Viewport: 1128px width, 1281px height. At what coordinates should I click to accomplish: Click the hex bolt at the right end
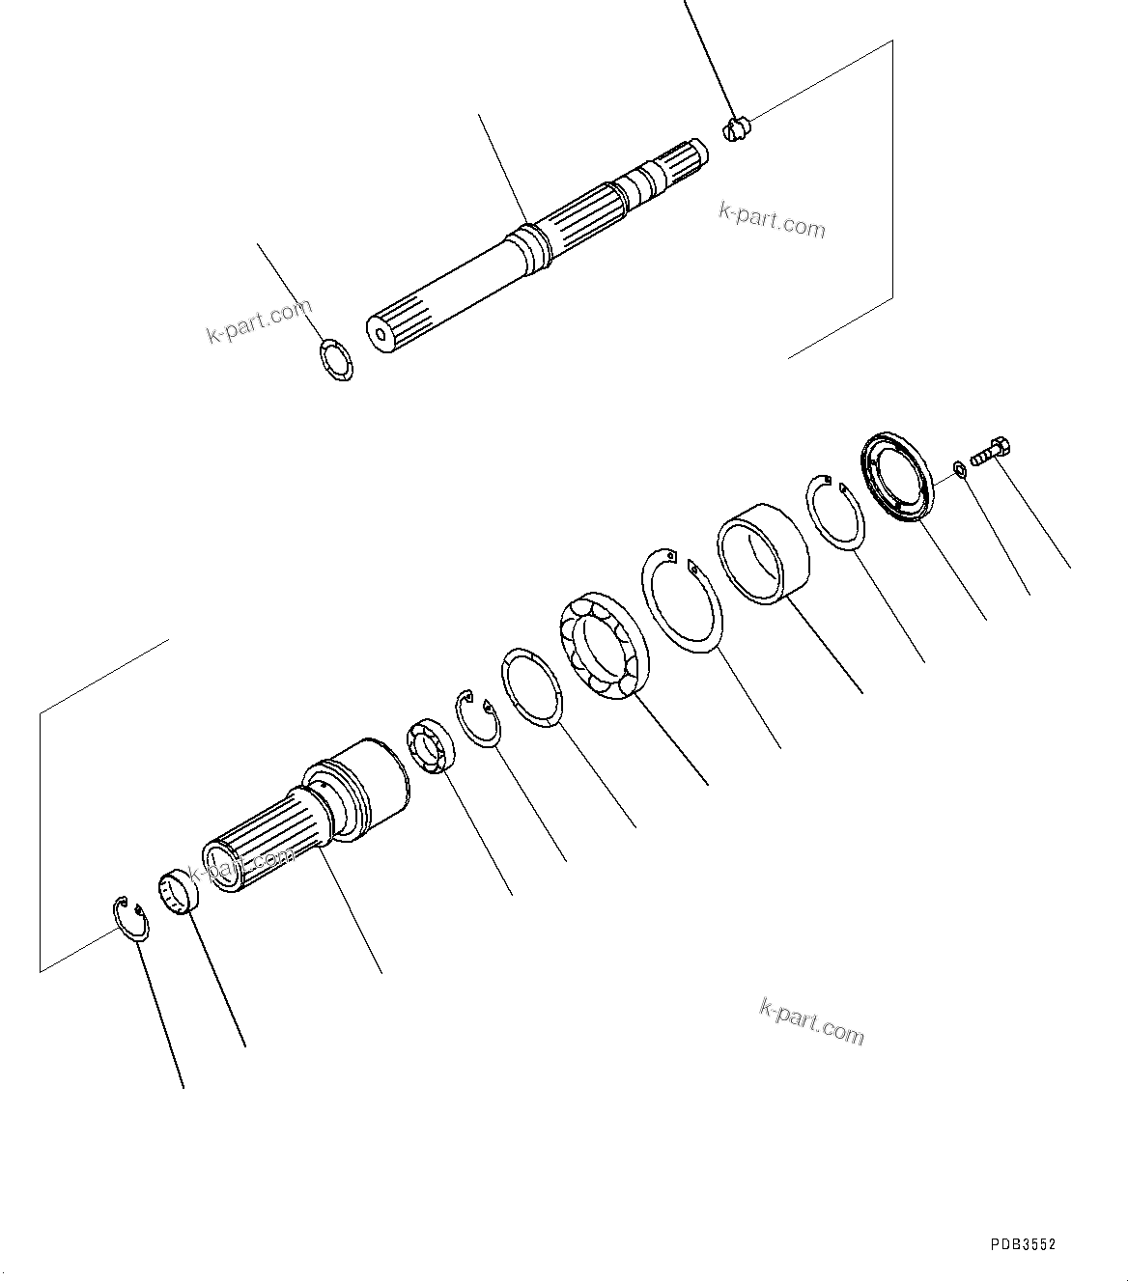991,452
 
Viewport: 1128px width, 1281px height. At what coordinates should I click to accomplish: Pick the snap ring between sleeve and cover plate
835,514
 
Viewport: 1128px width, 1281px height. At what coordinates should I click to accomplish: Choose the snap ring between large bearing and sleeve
680,599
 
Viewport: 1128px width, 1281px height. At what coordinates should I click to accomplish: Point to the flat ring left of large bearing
531,686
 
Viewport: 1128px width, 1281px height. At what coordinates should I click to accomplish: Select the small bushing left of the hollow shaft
179,890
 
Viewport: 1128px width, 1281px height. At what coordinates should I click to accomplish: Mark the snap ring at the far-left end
129,916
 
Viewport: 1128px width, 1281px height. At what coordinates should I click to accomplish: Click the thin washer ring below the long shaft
336,359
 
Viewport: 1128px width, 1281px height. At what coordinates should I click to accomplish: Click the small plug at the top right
737,128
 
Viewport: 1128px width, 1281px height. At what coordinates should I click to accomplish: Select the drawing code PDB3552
1022,1244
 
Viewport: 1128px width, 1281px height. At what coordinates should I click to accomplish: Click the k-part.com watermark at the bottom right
811,1021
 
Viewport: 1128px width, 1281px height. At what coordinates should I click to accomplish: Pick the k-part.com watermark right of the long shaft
772,221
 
